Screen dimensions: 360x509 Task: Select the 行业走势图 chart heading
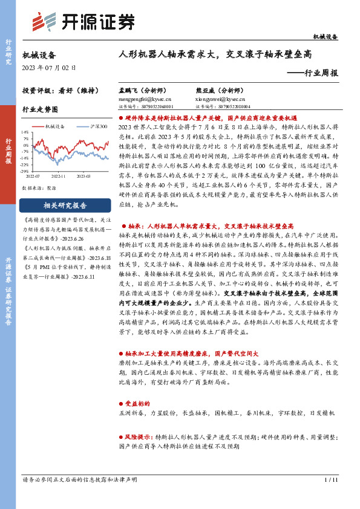click(x=40, y=110)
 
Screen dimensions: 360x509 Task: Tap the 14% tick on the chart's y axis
click(x=25, y=131)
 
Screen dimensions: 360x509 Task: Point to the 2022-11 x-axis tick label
click(x=59, y=176)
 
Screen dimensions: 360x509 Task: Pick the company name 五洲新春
click(x=133, y=413)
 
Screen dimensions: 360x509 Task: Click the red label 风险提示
click(x=137, y=436)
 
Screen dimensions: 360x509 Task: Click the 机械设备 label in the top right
click(x=326, y=37)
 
